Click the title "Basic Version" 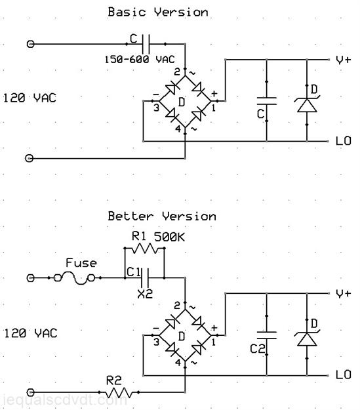(x=158, y=12)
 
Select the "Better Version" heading (x=162, y=216)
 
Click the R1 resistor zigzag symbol (x=144, y=248)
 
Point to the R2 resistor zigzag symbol (x=119, y=392)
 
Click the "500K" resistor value (x=169, y=237)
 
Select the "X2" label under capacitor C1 (x=145, y=295)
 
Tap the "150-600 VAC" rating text (x=140, y=59)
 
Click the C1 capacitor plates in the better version (x=145, y=277)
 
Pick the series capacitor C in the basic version (x=146, y=44)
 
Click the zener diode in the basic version (x=307, y=104)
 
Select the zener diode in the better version (x=307, y=338)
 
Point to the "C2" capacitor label (x=258, y=348)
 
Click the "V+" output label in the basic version (x=343, y=60)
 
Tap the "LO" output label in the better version (x=343, y=375)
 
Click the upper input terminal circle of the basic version (x=31, y=44)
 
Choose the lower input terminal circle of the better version (x=31, y=392)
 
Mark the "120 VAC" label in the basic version (x=30, y=98)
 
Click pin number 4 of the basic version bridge (x=178, y=129)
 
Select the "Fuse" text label (x=81, y=263)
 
